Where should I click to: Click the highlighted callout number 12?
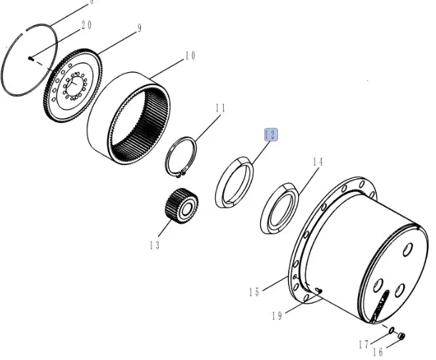(271, 135)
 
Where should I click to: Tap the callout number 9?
(139, 28)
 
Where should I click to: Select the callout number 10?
(190, 56)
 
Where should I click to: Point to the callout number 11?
(220, 108)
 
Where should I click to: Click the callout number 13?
(154, 245)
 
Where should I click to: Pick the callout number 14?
(318, 162)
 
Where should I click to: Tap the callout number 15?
(254, 292)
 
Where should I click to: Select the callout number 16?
(377, 352)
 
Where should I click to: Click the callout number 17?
(363, 345)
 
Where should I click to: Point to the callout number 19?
(277, 316)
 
